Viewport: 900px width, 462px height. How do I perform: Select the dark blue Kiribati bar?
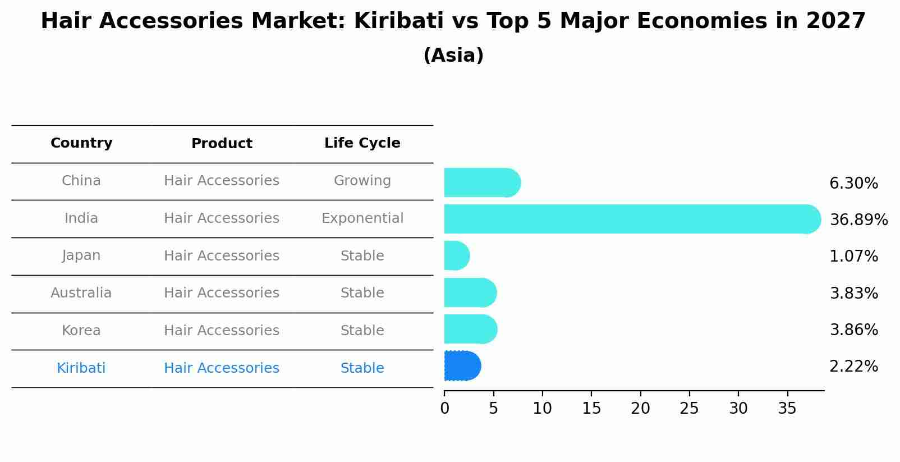click(x=462, y=366)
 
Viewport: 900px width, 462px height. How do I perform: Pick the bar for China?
click(x=481, y=182)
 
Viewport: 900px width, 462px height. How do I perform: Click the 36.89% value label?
click(x=858, y=219)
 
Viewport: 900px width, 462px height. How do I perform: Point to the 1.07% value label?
click(x=853, y=257)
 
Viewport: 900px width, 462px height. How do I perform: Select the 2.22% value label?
click(x=853, y=367)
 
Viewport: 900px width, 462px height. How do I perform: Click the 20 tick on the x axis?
click(x=640, y=409)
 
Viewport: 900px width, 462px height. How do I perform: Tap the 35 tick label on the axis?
click(x=787, y=409)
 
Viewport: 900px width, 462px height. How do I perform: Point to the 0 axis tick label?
click(x=444, y=409)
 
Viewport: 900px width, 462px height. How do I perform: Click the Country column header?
click(x=81, y=143)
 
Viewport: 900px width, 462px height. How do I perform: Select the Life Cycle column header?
click(x=362, y=143)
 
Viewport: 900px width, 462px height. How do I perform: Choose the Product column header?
click(x=222, y=144)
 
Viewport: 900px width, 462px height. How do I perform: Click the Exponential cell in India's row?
click(x=362, y=218)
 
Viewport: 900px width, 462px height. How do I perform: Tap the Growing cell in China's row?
click(x=362, y=181)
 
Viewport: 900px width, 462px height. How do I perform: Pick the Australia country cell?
click(x=81, y=293)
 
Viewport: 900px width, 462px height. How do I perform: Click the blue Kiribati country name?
click(x=81, y=368)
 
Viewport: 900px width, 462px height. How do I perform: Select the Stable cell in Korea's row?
click(x=362, y=331)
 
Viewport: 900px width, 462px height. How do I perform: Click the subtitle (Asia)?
click(x=453, y=56)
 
